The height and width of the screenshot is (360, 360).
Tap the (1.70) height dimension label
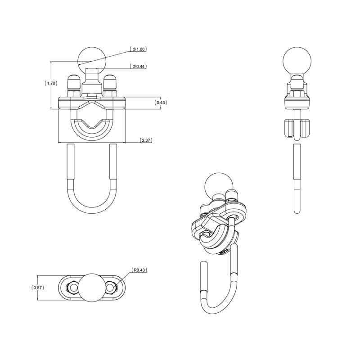coord(50,83)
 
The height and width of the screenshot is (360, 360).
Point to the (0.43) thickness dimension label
coord(161,103)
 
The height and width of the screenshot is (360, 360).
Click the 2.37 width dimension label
coord(146,140)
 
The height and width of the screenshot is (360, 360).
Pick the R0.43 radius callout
coord(139,270)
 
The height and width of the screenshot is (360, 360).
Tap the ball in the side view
coord(297,60)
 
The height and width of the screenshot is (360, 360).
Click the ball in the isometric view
coord(217,184)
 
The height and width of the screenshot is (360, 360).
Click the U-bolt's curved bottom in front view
coord(92,210)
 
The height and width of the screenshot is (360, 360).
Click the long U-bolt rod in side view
coord(297,175)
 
